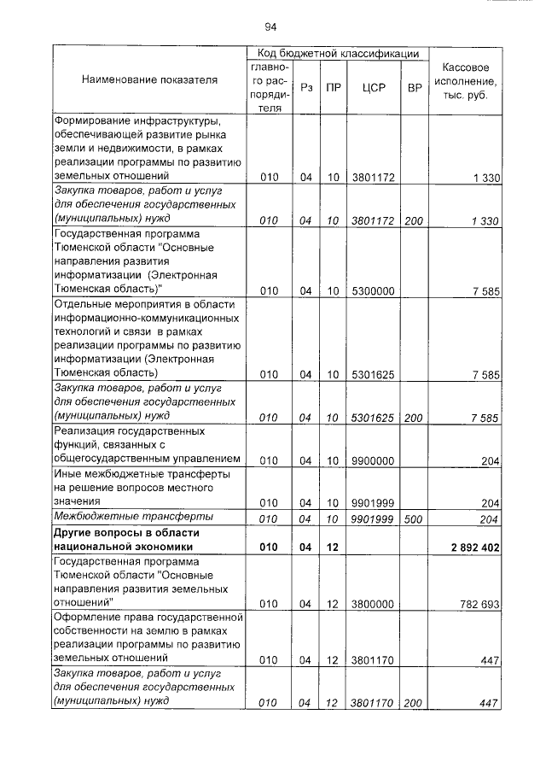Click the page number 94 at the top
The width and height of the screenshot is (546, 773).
(x=271, y=26)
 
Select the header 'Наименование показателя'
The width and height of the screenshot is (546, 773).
(x=149, y=80)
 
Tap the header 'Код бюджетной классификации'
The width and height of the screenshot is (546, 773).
(x=339, y=54)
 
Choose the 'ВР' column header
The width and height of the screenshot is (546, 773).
(x=415, y=87)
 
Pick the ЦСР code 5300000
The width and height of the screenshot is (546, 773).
(x=373, y=291)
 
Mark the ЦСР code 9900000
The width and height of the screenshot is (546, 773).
(x=373, y=460)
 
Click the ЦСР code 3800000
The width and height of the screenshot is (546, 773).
(x=373, y=604)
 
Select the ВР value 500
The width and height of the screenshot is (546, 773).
(x=414, y=518)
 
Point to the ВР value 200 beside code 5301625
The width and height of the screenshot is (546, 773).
(x=414, y=418)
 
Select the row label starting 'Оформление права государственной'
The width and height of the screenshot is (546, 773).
(x=149, y=617)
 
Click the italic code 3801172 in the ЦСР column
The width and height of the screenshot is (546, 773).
(x=373, y=220)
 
